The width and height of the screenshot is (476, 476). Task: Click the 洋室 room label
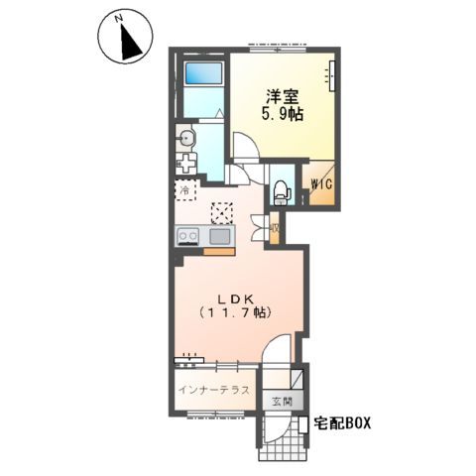point(282,97)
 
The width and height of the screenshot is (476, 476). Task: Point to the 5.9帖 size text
point(282,114)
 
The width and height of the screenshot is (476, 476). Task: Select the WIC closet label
point(322,184)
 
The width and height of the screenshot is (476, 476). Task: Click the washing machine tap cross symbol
point(187,164)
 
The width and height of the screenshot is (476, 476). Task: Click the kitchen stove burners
point(188,236)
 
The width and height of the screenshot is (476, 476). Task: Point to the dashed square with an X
point(223,212)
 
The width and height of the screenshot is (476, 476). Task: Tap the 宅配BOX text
point(343,423)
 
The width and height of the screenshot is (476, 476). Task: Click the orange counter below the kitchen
point(218,252)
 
